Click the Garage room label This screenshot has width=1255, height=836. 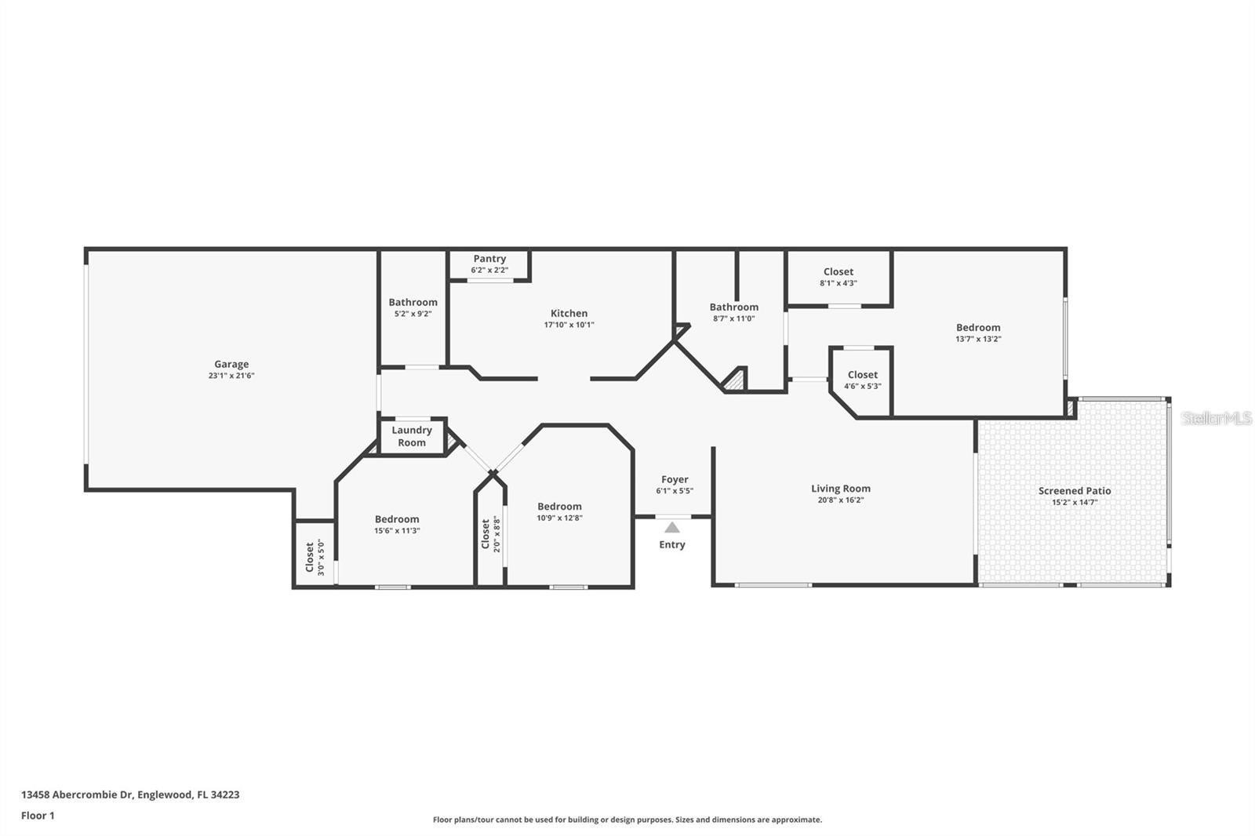231,364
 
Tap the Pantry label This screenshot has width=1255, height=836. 489,259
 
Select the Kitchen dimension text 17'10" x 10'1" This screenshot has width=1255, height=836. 569,325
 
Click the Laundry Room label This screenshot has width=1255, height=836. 412,437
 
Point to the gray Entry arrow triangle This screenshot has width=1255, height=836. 672,527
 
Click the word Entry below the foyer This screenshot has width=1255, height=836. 672,544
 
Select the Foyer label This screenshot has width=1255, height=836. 675,480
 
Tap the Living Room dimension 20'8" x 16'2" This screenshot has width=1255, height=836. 841,500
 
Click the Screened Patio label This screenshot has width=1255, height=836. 1075,491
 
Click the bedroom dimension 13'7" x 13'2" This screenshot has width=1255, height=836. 978,339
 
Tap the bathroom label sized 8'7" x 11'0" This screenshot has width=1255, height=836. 734,307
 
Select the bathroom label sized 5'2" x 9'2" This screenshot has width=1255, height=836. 413,303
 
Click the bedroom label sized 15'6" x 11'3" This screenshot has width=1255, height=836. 397,519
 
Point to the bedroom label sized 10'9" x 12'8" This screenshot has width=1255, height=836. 560,507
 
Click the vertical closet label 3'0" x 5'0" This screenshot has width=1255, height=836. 315,558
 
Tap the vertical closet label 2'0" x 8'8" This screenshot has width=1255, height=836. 491,534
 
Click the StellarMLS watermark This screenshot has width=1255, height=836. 1217,419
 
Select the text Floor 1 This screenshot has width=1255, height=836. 38,816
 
